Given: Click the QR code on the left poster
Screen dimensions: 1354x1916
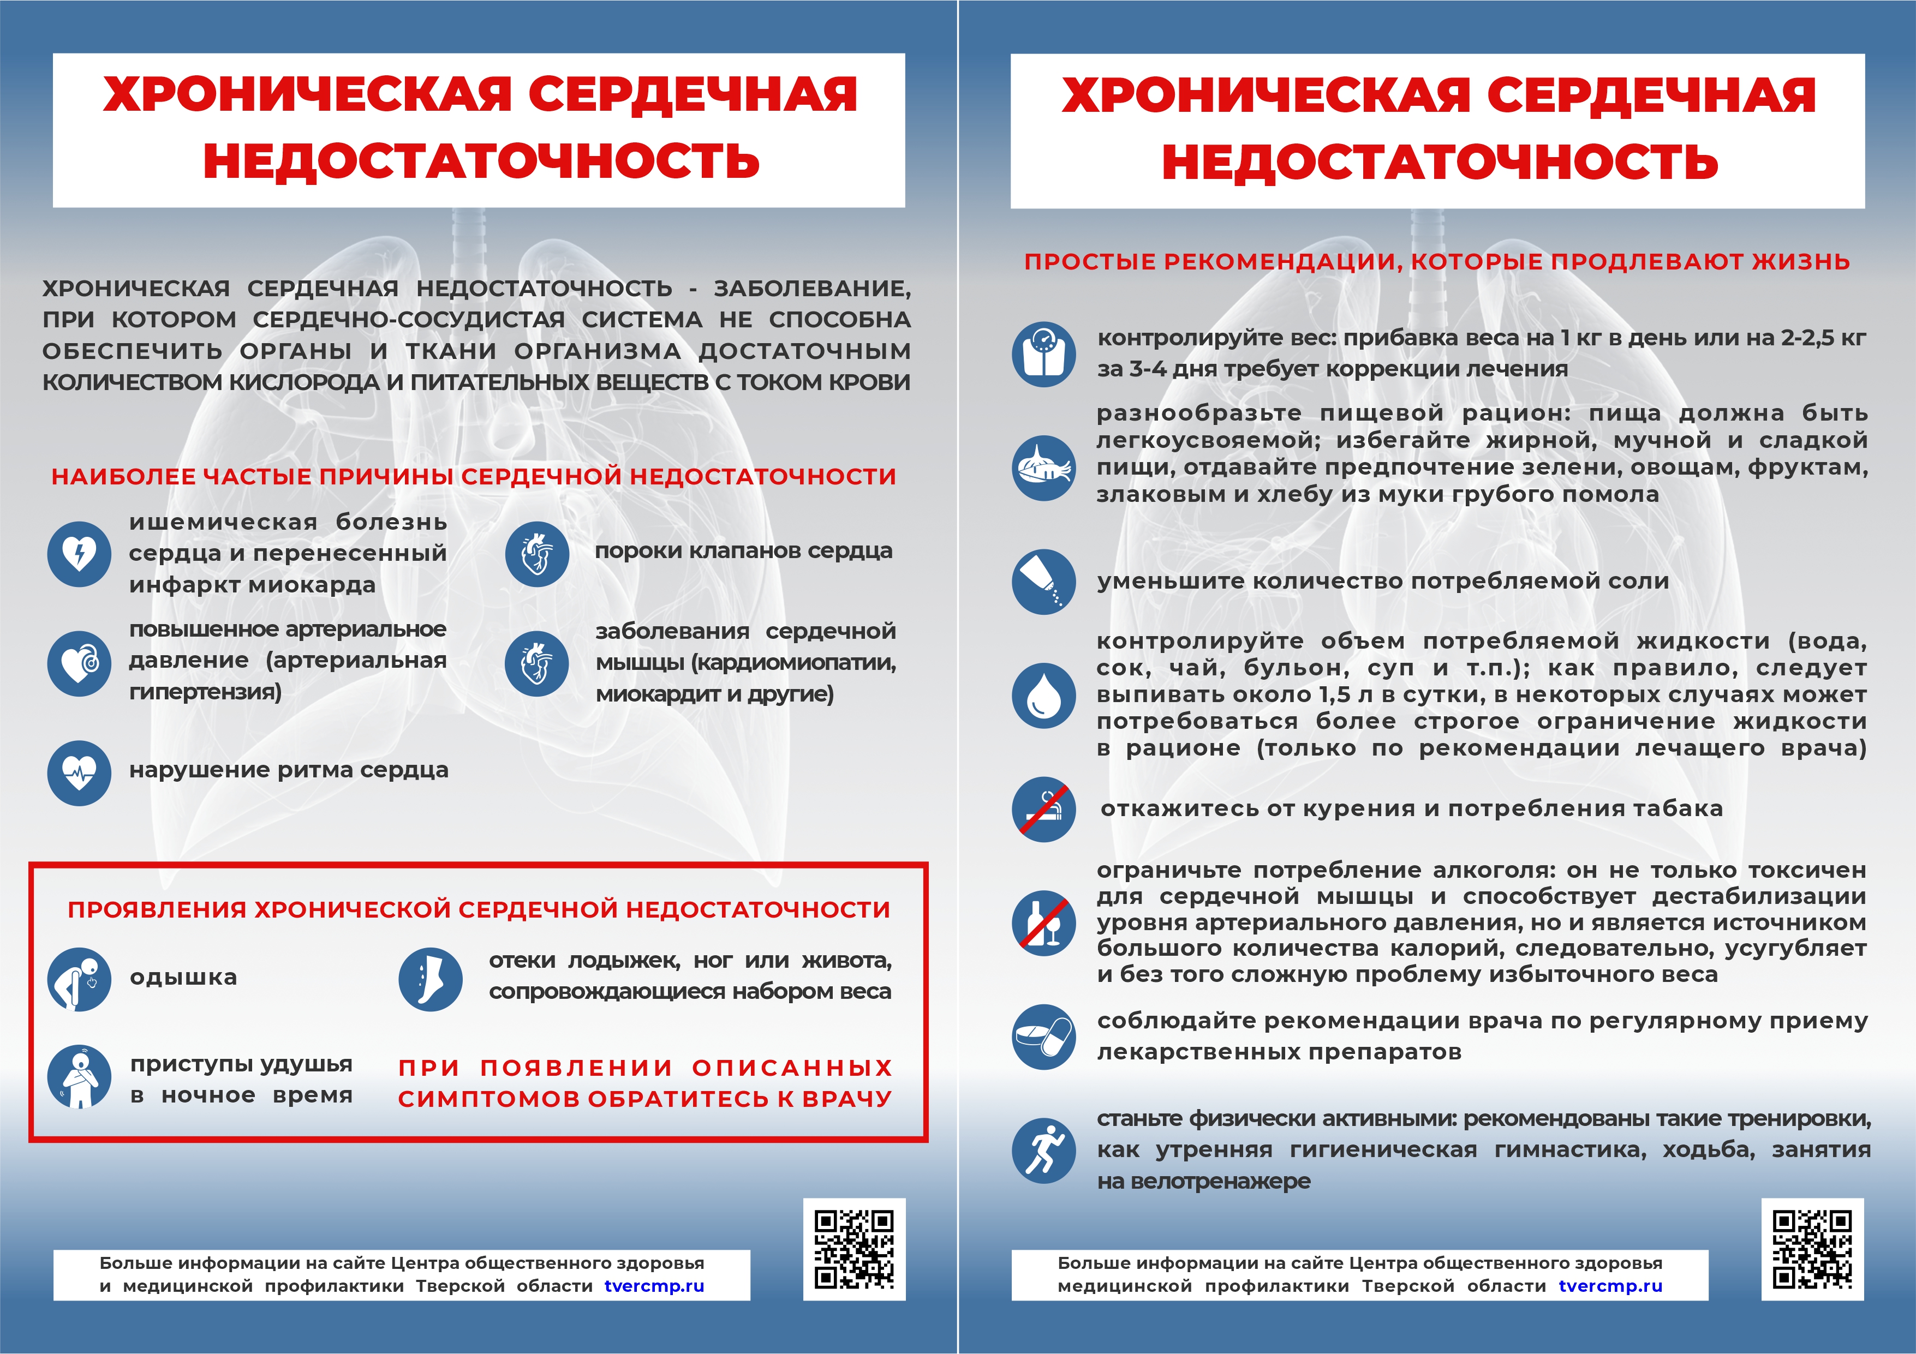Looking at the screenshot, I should point(853,1249).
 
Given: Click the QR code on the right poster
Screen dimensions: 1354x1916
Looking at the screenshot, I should point(1812,1249).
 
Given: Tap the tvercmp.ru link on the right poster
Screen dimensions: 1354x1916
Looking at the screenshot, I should point(1610,1286).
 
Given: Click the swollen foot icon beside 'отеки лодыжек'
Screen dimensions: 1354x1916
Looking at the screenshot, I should point(431,979).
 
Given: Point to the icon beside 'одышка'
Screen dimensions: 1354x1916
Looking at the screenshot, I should point(79,979).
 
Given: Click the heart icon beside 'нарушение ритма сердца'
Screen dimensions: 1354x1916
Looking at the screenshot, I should point(79,772).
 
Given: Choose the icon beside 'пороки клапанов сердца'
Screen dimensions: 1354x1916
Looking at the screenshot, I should point(536,554).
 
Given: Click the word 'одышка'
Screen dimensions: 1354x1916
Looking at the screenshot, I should point(183,977).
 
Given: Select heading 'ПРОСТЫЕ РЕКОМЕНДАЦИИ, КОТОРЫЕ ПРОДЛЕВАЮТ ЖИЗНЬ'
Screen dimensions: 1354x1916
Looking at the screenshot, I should point(1437,262).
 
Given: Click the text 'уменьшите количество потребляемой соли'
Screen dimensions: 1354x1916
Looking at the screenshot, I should point(1383,582).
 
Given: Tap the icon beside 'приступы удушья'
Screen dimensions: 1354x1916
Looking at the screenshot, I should point(79,1076).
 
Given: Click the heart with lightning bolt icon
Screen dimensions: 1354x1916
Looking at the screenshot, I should point(79,554).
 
